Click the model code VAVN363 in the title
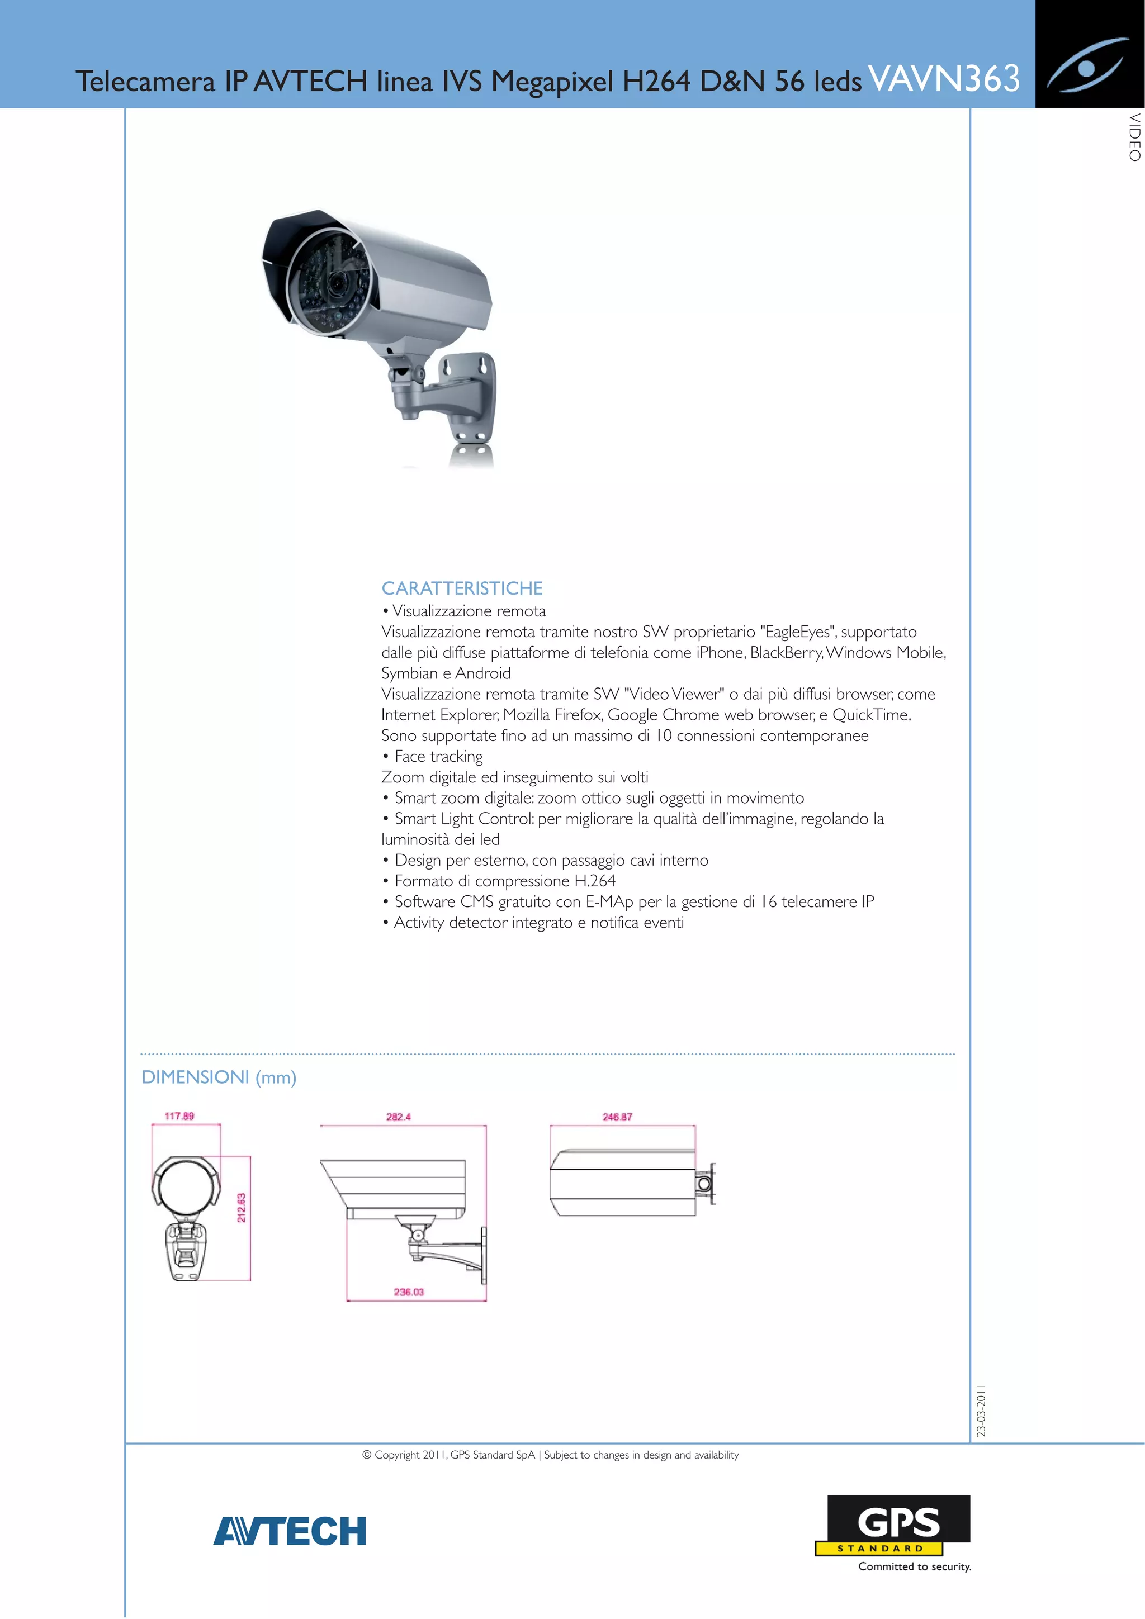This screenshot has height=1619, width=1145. [x=943, y=78]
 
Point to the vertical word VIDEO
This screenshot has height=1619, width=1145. [x=1134, y=137]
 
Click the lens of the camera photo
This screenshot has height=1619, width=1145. [x=336, y=284]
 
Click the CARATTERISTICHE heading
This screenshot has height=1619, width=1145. [x=462, y=588]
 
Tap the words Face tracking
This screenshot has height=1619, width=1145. [x=438, y=757]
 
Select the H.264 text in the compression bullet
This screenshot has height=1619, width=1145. [x=595, y=881]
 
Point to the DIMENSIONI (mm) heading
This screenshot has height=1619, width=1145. [x=219, y=1077]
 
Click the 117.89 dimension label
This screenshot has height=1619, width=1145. [x=179, y=1115]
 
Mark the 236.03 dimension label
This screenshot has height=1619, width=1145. [x=409, y=1292]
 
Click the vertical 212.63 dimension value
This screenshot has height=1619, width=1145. [x=242, y=1208]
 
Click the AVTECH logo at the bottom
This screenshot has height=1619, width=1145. [x=290, y=1531]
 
